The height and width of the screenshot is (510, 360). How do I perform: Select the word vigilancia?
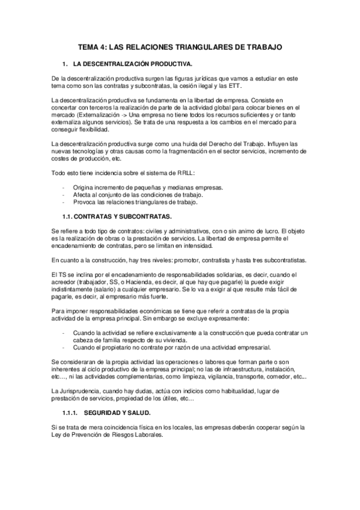coord(219,376)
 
